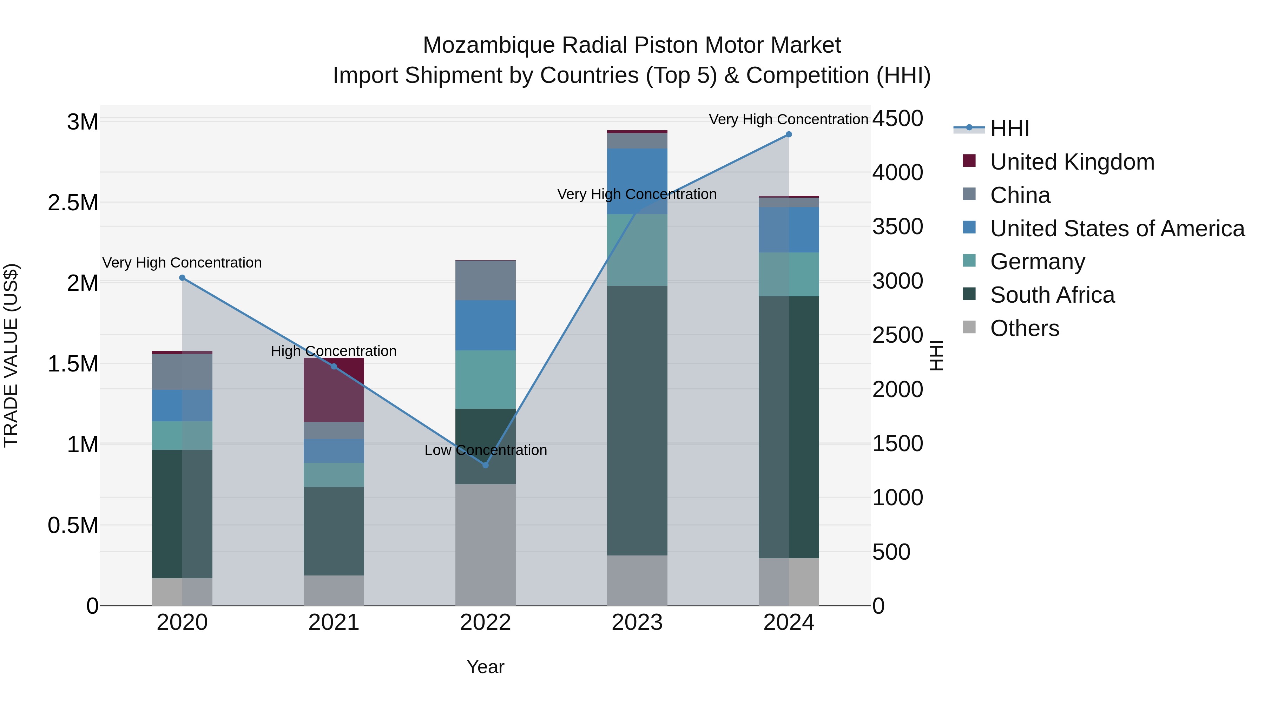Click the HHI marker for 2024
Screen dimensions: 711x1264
(789, 134)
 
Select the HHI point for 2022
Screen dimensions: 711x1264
(485, 465)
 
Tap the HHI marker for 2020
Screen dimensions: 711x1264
(182, 278)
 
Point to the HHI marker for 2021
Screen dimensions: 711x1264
(334, 367)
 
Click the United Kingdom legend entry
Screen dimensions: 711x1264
(1072, 162)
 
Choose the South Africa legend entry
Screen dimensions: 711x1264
(1052, 295)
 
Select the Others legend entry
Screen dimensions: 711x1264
(1025, 328)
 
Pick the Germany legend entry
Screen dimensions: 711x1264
(1037, 262)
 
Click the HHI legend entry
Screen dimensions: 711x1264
(1009, 129)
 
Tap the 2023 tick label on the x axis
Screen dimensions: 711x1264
(637, 623)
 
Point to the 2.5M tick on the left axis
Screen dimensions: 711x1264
(73, 203)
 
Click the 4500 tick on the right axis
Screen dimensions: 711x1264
(897, 118)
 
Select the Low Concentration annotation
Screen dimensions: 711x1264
(485, 450)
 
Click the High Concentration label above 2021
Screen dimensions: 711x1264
(334, 351)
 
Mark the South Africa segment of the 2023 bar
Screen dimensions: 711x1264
(637, 421)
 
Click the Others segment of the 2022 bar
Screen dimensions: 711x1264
(485, 545)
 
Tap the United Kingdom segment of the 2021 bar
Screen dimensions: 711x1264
(334, 390)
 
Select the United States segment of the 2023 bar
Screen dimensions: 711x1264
(637, 181)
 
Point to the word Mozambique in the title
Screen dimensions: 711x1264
(489, 45)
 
